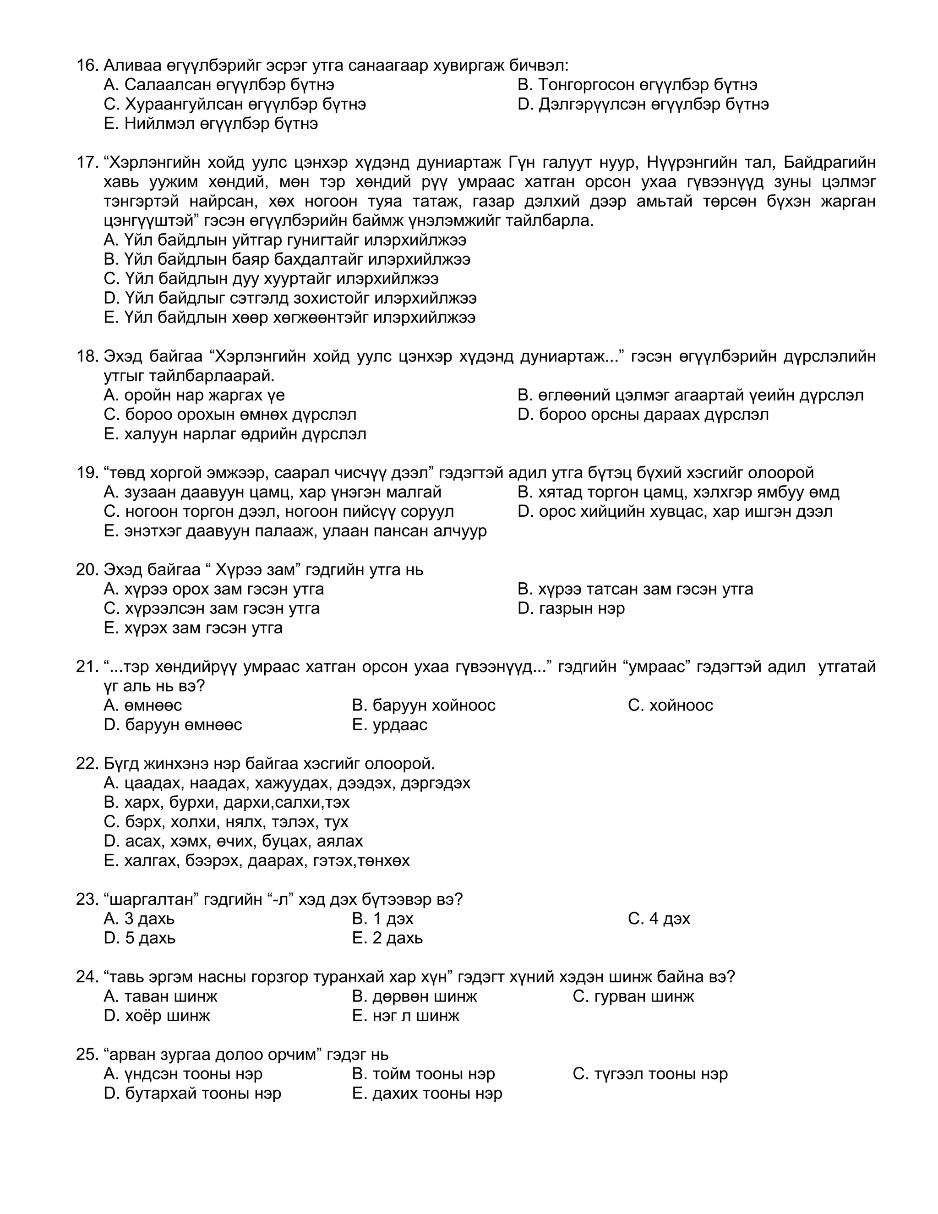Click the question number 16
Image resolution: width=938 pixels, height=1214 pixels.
[x=87, y=66]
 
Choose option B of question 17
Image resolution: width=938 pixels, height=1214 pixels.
[x=287, y=260]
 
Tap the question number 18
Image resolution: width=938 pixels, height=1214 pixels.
[x=87, y=356]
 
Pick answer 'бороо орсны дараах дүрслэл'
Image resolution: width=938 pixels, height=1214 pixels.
[x=643, y=415]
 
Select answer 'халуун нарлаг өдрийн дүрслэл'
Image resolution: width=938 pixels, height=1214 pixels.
[x=234, y=434]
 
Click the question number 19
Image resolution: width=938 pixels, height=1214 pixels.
[x=87, y=473]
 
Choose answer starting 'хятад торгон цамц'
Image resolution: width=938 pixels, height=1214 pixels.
[x=678, y=492]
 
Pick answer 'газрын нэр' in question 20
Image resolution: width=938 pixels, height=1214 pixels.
[x=571, y=609]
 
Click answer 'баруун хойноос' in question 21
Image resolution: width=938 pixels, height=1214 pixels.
[x=424, y=705]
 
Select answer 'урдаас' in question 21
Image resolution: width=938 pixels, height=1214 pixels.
[x=390, y=725]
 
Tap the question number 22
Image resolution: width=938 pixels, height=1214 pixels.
[x=87, y=764]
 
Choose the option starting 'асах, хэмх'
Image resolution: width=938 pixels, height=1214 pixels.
[x=234, y=841]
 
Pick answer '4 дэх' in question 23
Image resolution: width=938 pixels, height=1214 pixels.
[x=659, y=919]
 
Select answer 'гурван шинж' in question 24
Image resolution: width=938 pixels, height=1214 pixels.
[x=633, y=997]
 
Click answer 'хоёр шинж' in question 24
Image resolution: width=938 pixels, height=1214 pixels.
[x=157, y=1016]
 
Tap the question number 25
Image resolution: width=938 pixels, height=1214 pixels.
[x=87, y=1055]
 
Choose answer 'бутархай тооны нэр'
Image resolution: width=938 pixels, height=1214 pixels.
[x=192, y=1094]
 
